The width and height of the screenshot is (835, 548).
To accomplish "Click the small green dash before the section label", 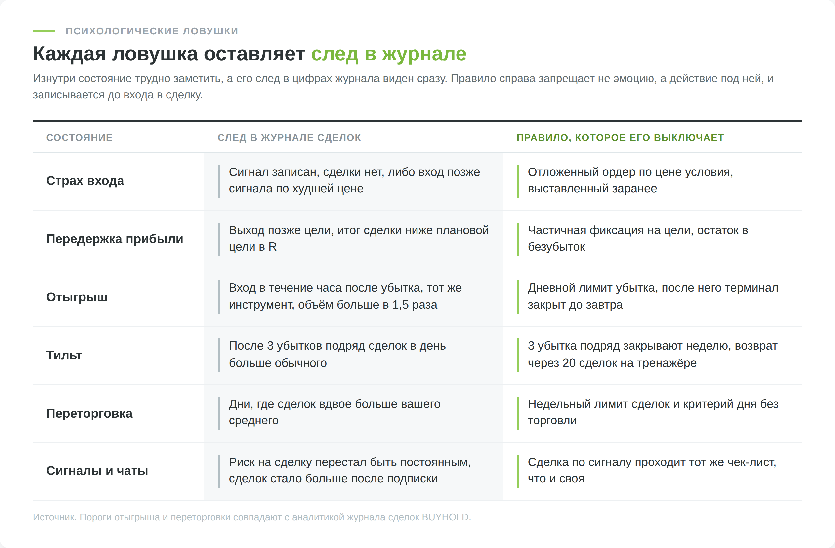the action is (44, 31).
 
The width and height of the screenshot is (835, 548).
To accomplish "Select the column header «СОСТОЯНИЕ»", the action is (79, 137).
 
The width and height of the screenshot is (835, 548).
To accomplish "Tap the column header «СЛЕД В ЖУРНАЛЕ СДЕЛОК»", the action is (289, 137).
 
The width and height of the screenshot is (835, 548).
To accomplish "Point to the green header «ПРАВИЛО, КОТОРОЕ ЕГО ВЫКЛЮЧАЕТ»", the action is (620, 137).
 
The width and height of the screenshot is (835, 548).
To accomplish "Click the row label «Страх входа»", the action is (85, 181).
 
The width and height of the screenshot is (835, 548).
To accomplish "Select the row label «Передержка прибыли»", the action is (115, 239).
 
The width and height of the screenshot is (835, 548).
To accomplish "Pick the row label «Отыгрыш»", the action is (77, 297).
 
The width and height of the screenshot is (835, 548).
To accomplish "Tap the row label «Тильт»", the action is (64, 355).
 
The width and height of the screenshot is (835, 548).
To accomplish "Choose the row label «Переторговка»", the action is (89, 413).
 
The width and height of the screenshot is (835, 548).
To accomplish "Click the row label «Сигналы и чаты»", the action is (97, 471).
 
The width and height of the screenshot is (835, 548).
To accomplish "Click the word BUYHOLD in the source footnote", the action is (445, 517).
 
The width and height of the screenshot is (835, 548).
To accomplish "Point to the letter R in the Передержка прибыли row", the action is (273, 247).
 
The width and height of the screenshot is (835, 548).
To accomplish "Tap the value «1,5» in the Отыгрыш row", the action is (400, 305).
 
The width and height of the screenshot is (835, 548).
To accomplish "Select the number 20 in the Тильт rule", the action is (569, 363).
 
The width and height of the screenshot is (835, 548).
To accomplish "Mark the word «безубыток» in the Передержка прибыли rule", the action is (556, 247).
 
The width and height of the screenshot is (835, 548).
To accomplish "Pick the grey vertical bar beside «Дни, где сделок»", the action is (219, 413).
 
